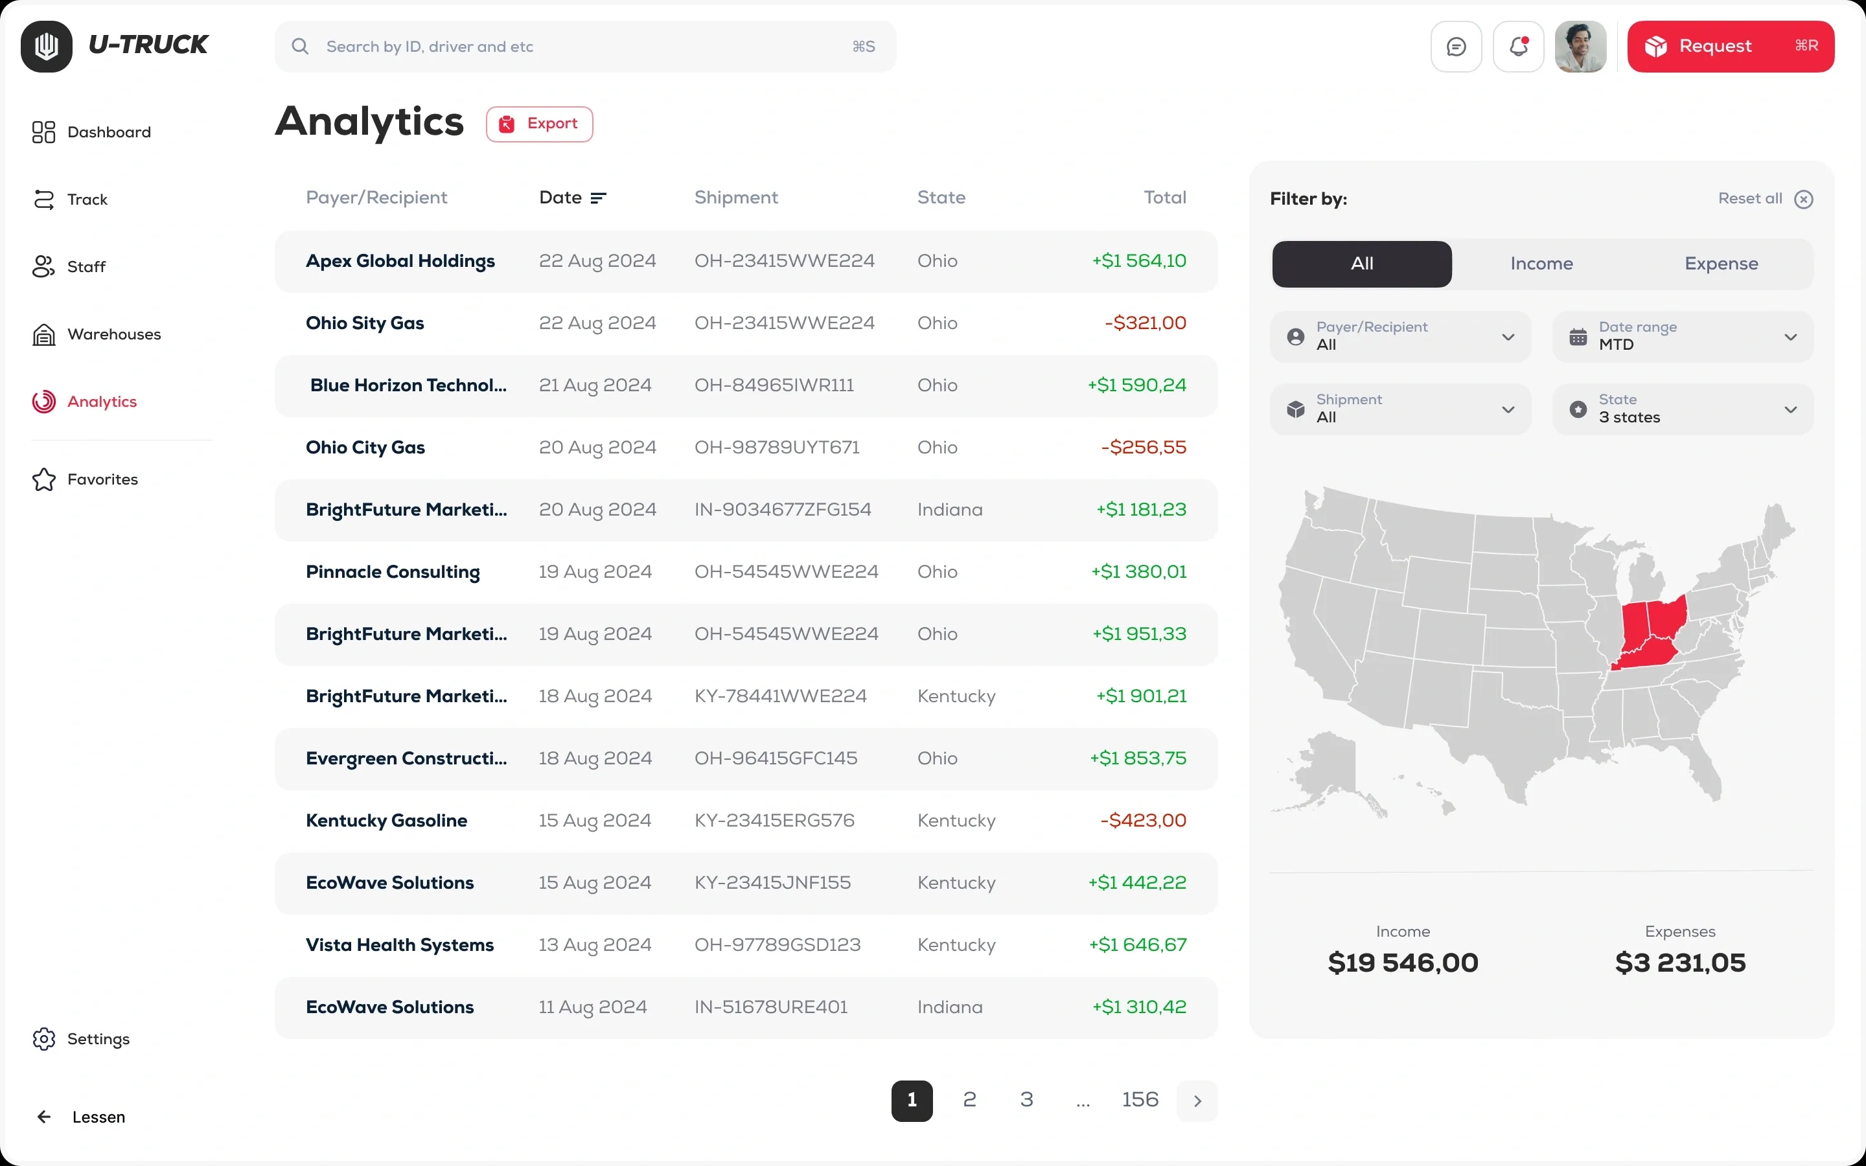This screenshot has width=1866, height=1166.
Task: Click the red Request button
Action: tap(1731, 46)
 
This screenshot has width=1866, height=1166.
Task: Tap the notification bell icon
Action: tap(1518, 46)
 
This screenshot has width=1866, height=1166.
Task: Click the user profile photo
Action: tap(1580, 46)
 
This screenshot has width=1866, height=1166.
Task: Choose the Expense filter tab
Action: tap(1721, 264)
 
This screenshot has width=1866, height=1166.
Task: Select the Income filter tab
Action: tap(1541, 264)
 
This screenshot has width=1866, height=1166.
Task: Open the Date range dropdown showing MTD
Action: tap(1683, 337)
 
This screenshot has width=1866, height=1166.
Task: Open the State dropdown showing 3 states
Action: tap(1683, 409)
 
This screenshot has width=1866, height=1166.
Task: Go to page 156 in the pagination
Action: tap(1140, 1100)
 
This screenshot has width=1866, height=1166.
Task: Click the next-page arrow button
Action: tap(1197, 1101)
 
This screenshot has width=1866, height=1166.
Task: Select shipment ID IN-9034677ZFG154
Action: tap(783, 510)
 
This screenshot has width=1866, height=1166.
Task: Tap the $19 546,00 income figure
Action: tap(1403, 963)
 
